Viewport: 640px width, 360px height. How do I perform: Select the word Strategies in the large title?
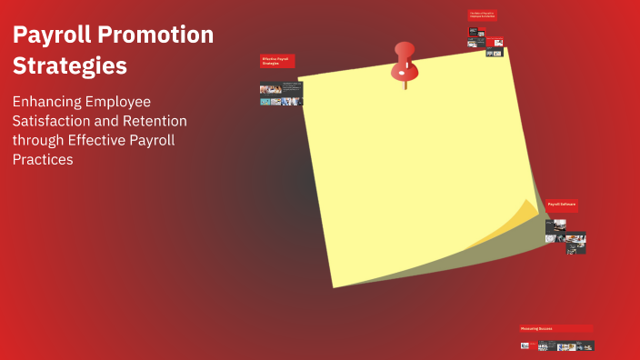69,66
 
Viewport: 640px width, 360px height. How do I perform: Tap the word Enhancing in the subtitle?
49,102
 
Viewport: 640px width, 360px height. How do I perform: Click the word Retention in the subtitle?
155,120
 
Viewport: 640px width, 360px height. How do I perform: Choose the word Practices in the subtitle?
43,159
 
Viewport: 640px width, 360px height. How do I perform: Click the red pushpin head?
404,54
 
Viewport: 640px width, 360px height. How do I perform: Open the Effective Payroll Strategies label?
277,61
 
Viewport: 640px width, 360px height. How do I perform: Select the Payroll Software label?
561,205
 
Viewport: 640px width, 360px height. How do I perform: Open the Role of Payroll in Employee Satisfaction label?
482,15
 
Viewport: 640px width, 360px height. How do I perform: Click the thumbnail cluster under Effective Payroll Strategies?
281,95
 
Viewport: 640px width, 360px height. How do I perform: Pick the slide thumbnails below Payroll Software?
565,235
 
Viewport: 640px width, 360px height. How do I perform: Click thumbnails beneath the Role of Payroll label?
485,39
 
